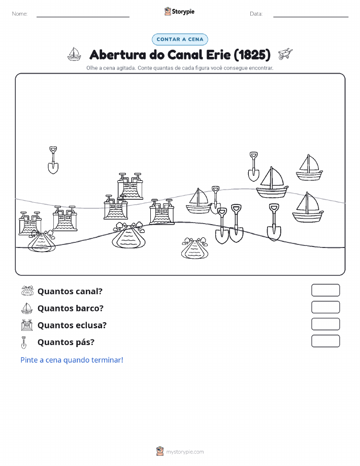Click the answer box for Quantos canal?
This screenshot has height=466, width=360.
click(x=325, y=290)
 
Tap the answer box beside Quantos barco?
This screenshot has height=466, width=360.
click(x=325, y=307)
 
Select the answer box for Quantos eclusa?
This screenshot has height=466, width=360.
click(x=325, y=324)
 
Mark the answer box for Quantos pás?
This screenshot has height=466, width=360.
click(x=325, y=341)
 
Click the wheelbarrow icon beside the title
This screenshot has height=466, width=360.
click(x=285, y=54)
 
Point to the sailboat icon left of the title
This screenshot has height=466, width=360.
click(x=74, y=54)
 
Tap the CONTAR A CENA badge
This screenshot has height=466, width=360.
click(x=180, y=39)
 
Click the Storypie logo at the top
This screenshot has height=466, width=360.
click(x=179, y=12)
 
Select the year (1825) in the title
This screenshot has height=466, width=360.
click(x=252, y=55)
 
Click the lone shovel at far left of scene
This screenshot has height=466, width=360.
click(x=53, y=160)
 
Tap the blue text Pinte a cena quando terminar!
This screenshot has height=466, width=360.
click(x=72, y=360)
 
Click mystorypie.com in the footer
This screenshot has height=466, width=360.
click(x=185, y=452)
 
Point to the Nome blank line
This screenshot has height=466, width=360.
click(x=83, y=17)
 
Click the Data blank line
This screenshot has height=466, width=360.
click(x=311, y=17)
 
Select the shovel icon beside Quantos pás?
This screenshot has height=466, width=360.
click(x=24, y=343)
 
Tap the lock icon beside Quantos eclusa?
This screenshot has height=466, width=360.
click(x=27, y=325)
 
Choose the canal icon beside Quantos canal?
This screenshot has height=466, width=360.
click(x=27, y=291)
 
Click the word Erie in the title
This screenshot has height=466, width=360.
click(x=214, y=55)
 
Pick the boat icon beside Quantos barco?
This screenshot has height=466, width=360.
click(x=27, y=308)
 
